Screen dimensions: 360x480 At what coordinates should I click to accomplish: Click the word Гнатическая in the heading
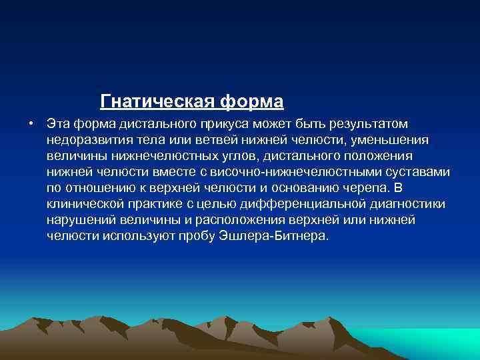click(157, 102)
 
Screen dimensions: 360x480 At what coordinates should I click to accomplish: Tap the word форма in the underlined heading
click(251, 102)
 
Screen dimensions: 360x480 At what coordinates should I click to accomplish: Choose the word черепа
click(359, 188)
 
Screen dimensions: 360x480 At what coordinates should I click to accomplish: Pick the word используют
click(131, 236)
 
